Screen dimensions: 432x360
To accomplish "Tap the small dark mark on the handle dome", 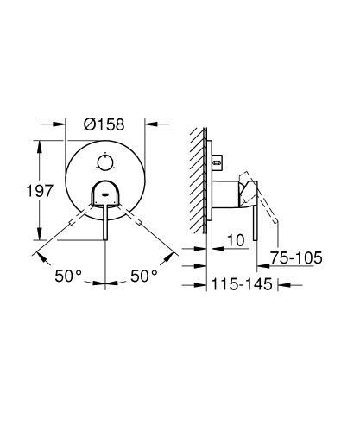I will click(x=105, y=195).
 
